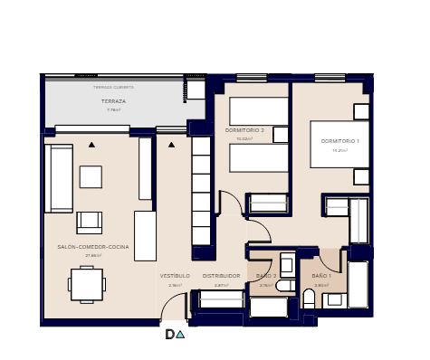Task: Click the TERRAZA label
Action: coord(113,101)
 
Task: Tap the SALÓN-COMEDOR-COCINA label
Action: coord(93,247)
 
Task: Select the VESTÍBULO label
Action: coord(175,276)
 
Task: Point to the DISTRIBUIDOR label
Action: coord(221,276)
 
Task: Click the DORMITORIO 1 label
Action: coord(339,141)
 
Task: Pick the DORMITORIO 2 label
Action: coord(244,130)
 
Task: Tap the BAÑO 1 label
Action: coord(321,276)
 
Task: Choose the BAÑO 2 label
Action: coord(266,276)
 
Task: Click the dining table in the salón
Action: coord(87,284)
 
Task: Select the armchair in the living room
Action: coord(90,222)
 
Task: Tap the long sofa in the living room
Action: coord(60,178)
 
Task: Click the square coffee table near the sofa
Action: coord(91,176)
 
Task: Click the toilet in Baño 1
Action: coord(309,298)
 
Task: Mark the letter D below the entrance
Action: coord(169,335)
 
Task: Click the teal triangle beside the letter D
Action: coord(181,335)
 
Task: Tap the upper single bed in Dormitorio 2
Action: coord(259,112)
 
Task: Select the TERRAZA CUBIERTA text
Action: coord(113,88)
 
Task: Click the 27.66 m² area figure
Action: coord(93,256)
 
